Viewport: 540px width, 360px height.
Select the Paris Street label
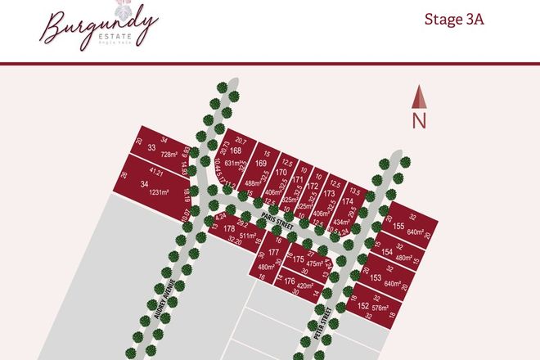(277, 217)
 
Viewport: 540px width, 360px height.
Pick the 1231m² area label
(158, 192)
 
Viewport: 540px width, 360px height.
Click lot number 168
(236, 151)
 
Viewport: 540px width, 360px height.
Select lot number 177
(272, 253)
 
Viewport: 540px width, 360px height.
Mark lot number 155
(398, 226)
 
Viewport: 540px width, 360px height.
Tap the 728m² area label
(169, 155)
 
